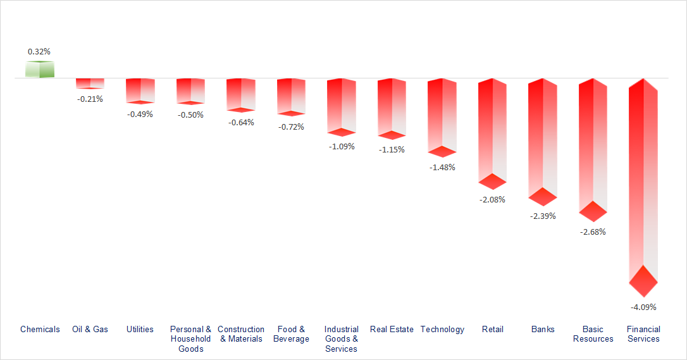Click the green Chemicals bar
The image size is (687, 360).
[39, 70]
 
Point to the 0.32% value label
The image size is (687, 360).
[39, 51]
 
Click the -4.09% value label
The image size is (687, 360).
[643, 307]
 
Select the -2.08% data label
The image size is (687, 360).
[492, 199]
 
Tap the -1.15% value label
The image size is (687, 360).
[392, 149]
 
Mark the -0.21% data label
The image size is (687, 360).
[90, 99]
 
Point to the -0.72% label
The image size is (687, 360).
[291, 127]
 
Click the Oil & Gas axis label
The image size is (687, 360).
[90, 329]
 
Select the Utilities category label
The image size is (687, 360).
[140, 329]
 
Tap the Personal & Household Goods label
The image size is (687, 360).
[190, 338]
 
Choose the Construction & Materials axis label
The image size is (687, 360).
[241, 333]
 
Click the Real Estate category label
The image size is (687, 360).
[392, 329]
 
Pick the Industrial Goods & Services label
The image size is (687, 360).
[341, 338]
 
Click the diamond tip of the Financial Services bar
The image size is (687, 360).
[643, 281]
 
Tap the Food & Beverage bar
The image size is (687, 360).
[291, 95]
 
